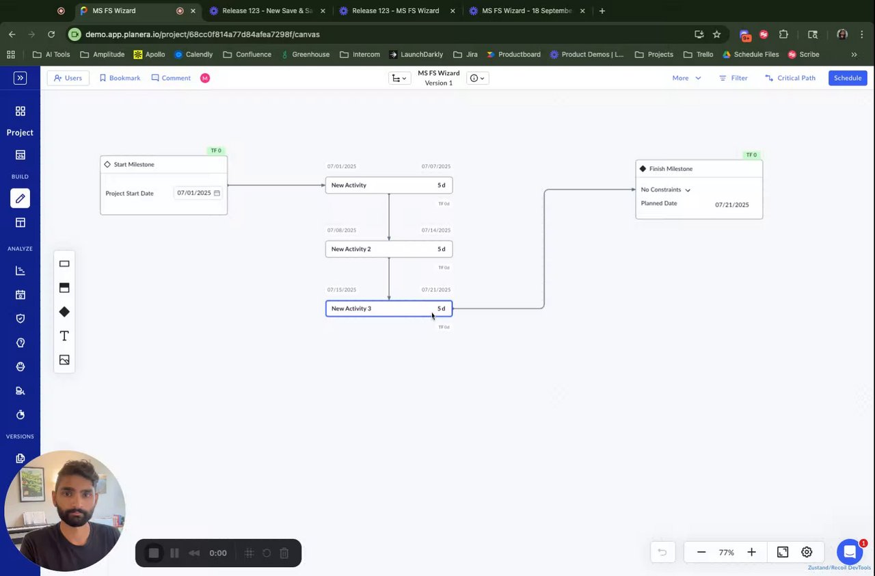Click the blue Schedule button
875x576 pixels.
click(848, 78)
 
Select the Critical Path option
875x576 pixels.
click(790, 78)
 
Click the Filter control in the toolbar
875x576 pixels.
click(733, 78)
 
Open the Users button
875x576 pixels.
click(68, 78)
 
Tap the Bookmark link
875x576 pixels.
click(120, 78)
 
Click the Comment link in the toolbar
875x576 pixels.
click(171, 78)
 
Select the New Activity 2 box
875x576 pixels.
click(388, 249)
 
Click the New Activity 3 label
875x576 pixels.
click(351, 309)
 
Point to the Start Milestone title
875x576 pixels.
click(134, 164)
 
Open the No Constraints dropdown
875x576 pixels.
click(666, 189)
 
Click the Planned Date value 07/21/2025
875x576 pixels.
click(731, 205)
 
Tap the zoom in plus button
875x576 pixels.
click(751, 552)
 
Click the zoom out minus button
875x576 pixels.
click(701, 552)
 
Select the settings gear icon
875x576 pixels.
click(807, 552)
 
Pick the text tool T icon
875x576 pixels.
click(64, 336)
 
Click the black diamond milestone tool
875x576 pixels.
click(64, 312)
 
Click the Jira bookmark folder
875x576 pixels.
click(467, 54)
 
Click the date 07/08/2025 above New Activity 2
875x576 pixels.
click(342, 231)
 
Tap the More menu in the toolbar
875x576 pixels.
click(686, 78)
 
